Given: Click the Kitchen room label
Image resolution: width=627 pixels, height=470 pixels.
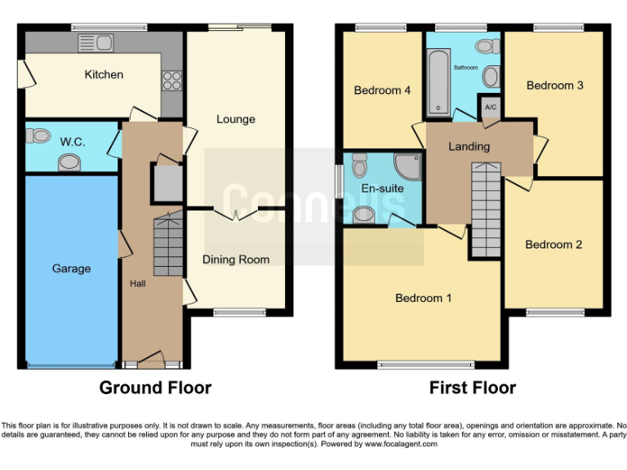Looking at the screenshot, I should pyautogui.click(x=104, y=74).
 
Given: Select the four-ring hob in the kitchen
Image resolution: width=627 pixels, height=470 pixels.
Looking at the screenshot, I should pyautogui.click(x=173, y=80).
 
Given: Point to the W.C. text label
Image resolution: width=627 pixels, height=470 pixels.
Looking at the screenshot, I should pyautogui.click(x=71, y=140).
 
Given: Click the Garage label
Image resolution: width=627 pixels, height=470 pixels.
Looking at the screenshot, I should pyautogui.click(x=71, y=268).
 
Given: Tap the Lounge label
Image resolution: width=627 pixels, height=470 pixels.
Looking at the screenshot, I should pyautogui.click(x=235, y=119).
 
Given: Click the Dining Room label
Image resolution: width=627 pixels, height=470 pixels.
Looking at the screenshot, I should pyautogui.click(x=236, y=259).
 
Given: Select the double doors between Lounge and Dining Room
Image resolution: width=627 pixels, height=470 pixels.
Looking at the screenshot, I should pyautogui.click(x=236, y=214).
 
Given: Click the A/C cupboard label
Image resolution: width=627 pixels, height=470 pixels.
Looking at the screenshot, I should pyautogui.click(x=491, y=107).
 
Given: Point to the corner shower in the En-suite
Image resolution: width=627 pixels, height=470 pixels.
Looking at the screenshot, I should pyautogui.click(x=406, y=166).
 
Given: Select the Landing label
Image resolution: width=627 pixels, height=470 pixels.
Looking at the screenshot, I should pyautogui.click(x=469, y=146).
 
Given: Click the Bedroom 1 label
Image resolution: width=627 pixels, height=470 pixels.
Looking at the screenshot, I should pyautogui.click(x=423, y=298).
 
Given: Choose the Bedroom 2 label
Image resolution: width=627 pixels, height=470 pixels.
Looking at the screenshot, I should pyautogui.click(x=554, y=244).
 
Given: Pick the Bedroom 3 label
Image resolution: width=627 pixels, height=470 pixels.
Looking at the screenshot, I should pyautogui.click(x=554, y=85).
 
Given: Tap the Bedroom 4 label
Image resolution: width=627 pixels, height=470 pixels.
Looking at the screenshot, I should pyautogui.click(x=382, y=91).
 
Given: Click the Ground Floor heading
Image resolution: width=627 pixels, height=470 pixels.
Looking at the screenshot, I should pyautogui.click(x=155, y=388).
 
